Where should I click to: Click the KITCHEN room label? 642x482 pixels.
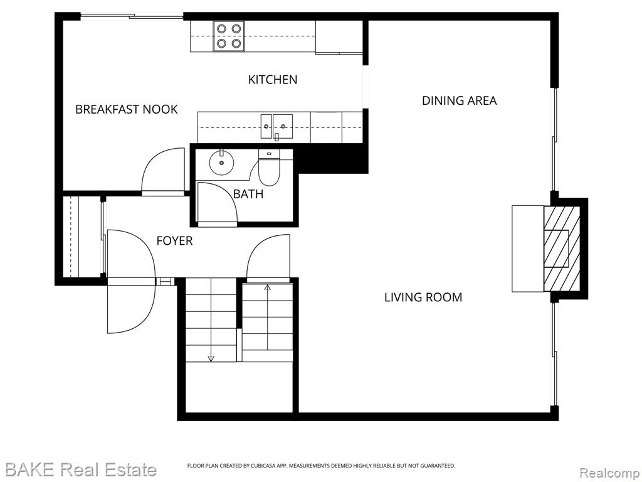tap(273, 80)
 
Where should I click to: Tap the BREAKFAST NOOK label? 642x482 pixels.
tap(127, 109)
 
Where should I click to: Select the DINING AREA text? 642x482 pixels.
tap(460, 101)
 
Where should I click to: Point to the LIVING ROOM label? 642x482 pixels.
tap(423, 297)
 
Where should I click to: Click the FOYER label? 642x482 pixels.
tap(174, 240)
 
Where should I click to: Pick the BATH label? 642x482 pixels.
tap(248, 194)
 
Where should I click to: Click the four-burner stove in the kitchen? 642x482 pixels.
tap(229, 36)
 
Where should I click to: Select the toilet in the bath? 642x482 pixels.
tap(269, 168)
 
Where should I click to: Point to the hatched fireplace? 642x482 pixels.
tap(562, 249)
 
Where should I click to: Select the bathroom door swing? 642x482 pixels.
tap(217, 203)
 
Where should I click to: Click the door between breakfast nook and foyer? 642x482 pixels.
tap(163, 169)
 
